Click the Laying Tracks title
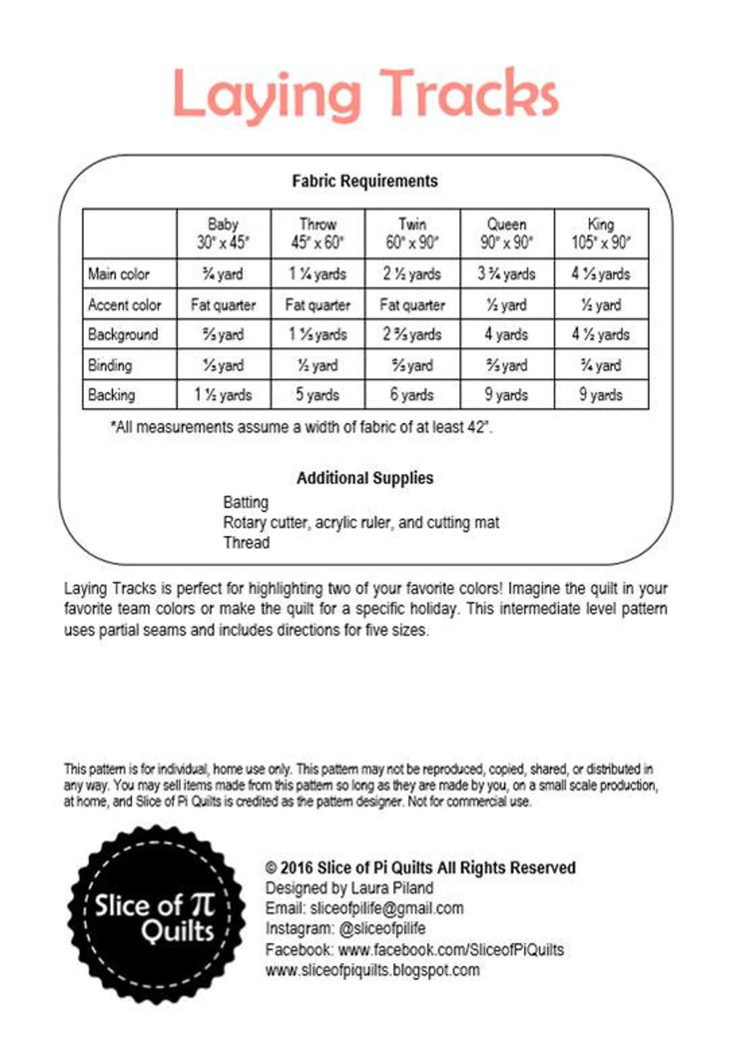pos(364,95)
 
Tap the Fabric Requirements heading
pos(364,181)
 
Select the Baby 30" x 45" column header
pos(223,233)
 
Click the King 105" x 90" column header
pos(601,233)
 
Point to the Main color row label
pos(119,274)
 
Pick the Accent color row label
pos(124,305)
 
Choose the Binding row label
pos(110,365)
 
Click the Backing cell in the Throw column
pos(317,395)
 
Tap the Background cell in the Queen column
pos(506,335)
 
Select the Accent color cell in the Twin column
pos(412,305)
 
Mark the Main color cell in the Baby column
pos(223,274)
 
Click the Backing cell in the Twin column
pos(412,395)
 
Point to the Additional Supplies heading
pos(364,478)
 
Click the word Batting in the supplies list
pos(246,502)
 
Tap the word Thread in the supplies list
pos(246,542)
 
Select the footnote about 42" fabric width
pos(301,427)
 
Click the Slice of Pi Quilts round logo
pos(156,916)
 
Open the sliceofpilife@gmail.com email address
pos(386,908)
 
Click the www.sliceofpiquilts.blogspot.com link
pos(372,970)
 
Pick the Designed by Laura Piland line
pos(348,888)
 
